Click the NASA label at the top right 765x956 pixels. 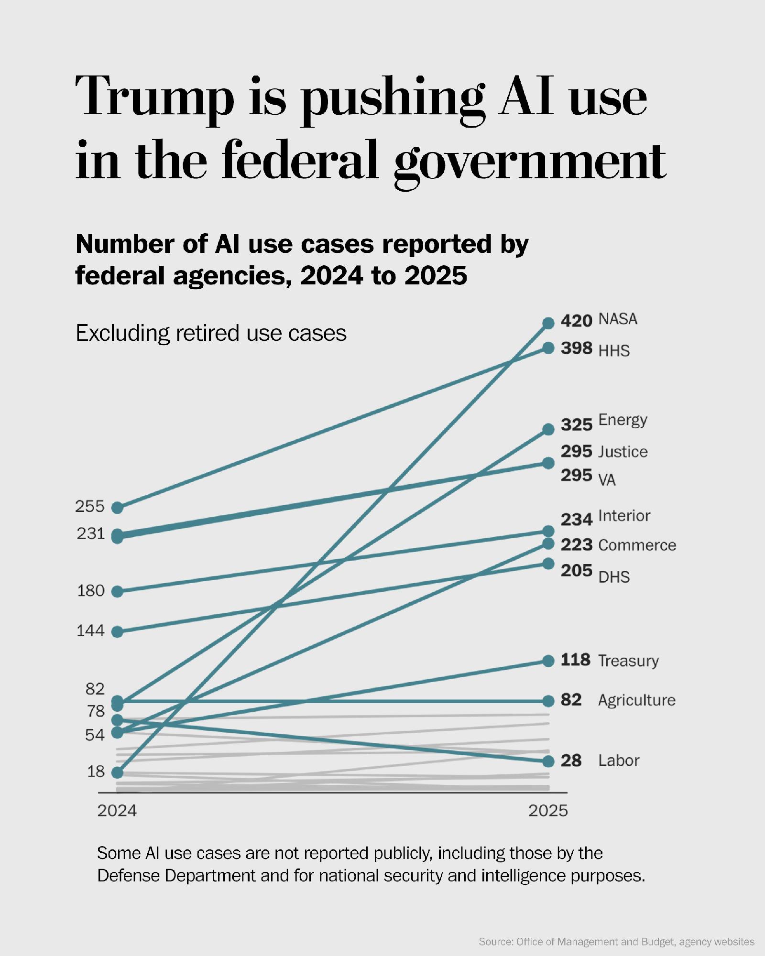coord(618,319)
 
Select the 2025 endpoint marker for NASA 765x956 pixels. coord(548,323)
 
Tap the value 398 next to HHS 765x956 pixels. coord(576,348)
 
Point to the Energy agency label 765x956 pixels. coord(623,420)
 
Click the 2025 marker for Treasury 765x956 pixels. coord(548,661)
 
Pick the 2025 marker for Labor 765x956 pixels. coord(548,760)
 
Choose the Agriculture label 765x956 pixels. coord(636,700)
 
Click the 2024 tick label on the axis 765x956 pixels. coord(117,811)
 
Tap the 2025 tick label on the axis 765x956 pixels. coord(548,811)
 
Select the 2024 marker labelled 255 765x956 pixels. coord(117,508)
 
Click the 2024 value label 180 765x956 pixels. coord(91,591)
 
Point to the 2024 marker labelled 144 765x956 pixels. coord(117,632)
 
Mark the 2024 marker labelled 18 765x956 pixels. coord(117,772)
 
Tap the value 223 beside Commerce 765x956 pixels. coord(576,544)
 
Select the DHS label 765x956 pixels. coord(614,577)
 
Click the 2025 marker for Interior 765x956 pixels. coord(548,531)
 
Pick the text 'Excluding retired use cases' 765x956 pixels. coord(211,333)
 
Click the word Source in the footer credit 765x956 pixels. coord(495,942)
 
